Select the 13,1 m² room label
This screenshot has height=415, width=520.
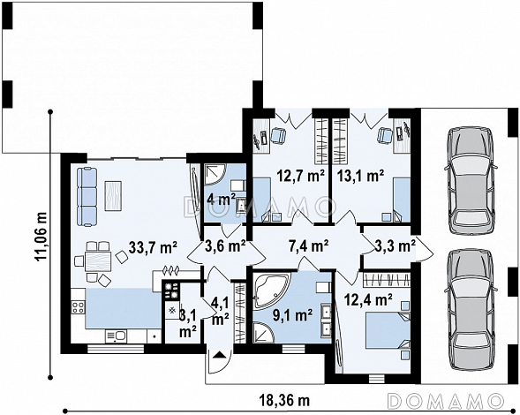361,176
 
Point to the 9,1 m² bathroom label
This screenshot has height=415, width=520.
293,315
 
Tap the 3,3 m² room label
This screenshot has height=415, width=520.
395,245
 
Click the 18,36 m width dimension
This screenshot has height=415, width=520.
285,401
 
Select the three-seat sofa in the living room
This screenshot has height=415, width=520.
87,197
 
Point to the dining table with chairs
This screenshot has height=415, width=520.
97,261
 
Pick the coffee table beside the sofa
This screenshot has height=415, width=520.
113,195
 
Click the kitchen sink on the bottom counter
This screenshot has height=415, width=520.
115,336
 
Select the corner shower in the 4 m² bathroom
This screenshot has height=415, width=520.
214,175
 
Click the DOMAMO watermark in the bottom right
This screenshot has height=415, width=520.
444,401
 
